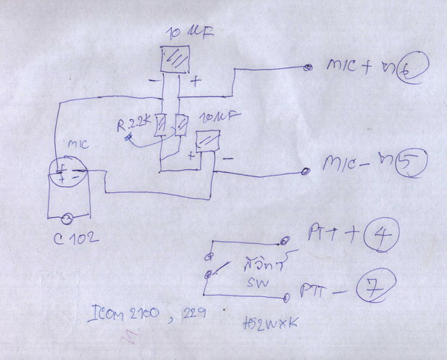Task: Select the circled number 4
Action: tap(381, 235)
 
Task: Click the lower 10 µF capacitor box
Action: tap(209, 140)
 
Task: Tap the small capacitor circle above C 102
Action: tap(67, 217)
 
